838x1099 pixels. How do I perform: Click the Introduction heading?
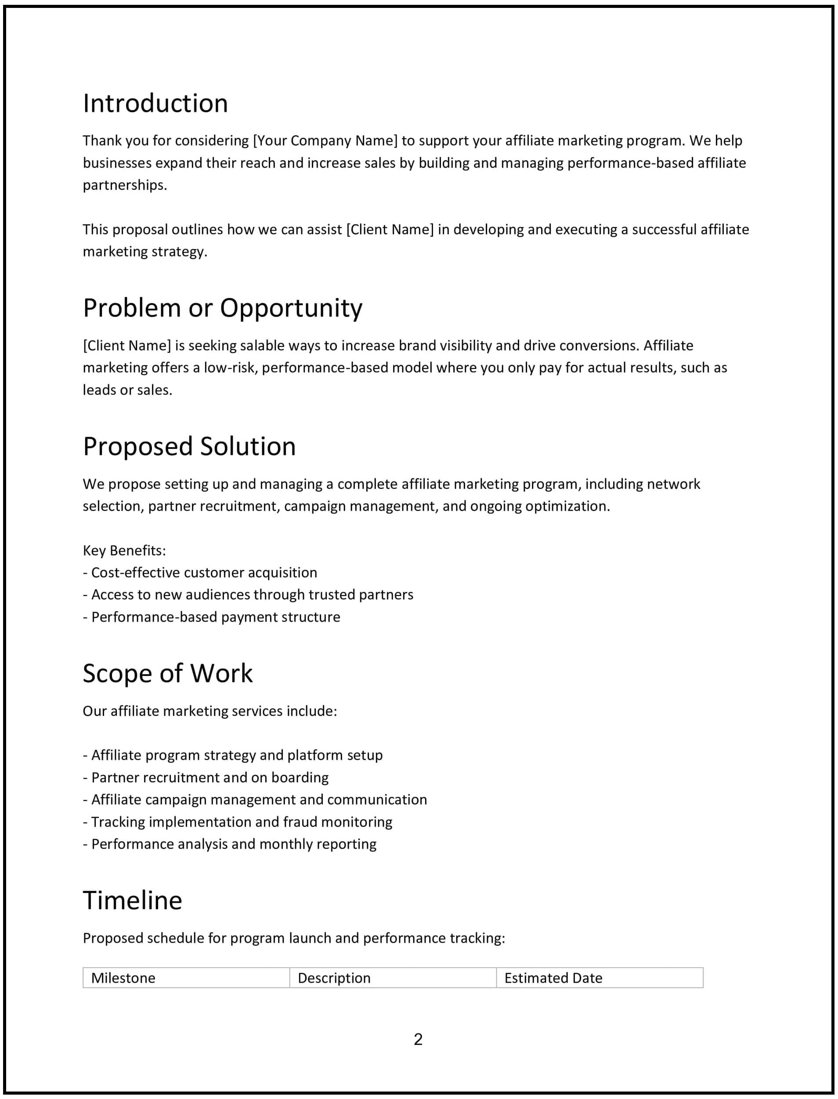[x=155, y=104]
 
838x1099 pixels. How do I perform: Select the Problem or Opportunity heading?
[x=223, y=308]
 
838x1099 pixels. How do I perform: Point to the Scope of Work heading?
[x=168, y=673]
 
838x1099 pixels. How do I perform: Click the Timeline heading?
[x=132, y=900]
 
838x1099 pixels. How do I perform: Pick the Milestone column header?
[x=123, y=978]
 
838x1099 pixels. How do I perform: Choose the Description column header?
[x=334, y=978]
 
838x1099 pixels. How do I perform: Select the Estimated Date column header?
[x=553, y=978]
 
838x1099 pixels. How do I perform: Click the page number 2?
[x=418, y=1039]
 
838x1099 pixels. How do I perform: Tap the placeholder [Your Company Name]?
[x=325, y=141]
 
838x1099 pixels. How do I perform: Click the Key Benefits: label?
[x=124, y=550]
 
